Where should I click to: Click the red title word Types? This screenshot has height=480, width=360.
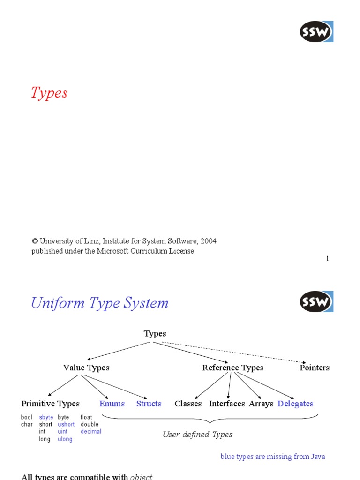(x=49, y=93)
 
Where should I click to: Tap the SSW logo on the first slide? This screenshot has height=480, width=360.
(x=316, y=31)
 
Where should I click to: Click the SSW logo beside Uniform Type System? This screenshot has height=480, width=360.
(x=316, y=302)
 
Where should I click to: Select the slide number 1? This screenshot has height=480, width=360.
(x=327, y=259)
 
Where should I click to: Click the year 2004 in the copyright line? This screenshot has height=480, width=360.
(x=209, y=241)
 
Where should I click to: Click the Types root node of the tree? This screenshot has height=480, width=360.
(x=155, y=334)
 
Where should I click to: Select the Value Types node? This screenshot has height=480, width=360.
(x=86, y=367)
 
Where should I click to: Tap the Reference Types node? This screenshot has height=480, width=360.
(x=232, y=367)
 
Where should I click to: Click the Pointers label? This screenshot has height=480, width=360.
(x=315, y=367)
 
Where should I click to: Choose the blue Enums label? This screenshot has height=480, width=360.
(x=112, y=404)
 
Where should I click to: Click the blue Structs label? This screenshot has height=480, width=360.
(x=149, y=404)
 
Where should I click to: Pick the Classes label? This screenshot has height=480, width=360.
(x=188, y=404)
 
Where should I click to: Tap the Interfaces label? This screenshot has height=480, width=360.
(x=227, y=404)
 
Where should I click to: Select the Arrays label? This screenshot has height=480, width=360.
(x=261, y=404)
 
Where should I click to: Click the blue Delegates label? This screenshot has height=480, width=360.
(x=295, y=404)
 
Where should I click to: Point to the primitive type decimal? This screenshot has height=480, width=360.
(x=91, y=431)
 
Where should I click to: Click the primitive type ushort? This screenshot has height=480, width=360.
(x=66, y=424)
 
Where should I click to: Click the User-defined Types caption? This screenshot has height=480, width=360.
(x=197, y=435)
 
